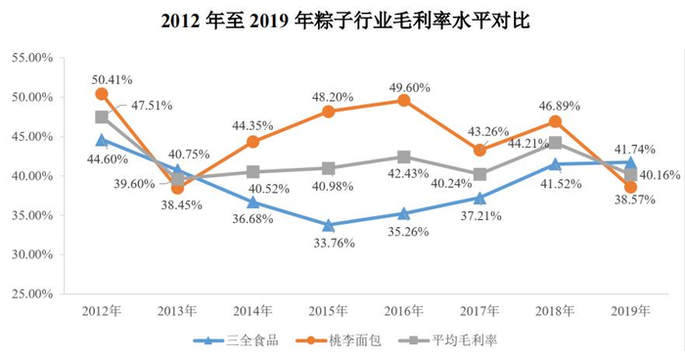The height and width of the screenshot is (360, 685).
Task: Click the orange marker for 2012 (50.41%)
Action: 102,94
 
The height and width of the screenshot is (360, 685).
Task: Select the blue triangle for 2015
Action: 328,225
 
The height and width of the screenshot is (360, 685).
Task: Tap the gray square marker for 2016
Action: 404,157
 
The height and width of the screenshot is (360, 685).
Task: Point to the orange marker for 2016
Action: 404,100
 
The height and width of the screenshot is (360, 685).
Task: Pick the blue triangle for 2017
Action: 479,198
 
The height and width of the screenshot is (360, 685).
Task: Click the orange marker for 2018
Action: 555,121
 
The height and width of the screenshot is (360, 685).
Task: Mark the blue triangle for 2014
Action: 252,202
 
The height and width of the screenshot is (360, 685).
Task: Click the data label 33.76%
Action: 329,246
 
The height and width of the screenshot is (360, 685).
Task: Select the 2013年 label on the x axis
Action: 177,310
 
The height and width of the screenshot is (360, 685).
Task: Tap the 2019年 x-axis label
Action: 630,310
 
